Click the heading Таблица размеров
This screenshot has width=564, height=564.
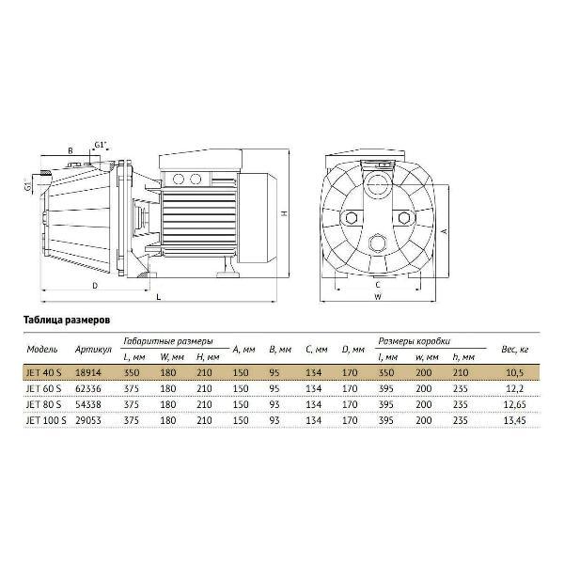click(x=67, y=320)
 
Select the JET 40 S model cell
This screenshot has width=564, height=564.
click(x=44, y=372)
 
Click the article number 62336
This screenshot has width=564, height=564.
click(x=88, y=388)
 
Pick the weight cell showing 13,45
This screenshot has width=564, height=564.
click(x=515, y=420)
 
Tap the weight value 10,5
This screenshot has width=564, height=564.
click(x=515, y=372)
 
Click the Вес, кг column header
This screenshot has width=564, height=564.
click(x=515, y=350)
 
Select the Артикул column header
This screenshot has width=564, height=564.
click(x=93, y=350)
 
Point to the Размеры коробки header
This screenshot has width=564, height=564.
click(x=414, y=341)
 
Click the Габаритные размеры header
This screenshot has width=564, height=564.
click(x=168, y=341)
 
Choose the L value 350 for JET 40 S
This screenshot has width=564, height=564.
click(x=132, y=372)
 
